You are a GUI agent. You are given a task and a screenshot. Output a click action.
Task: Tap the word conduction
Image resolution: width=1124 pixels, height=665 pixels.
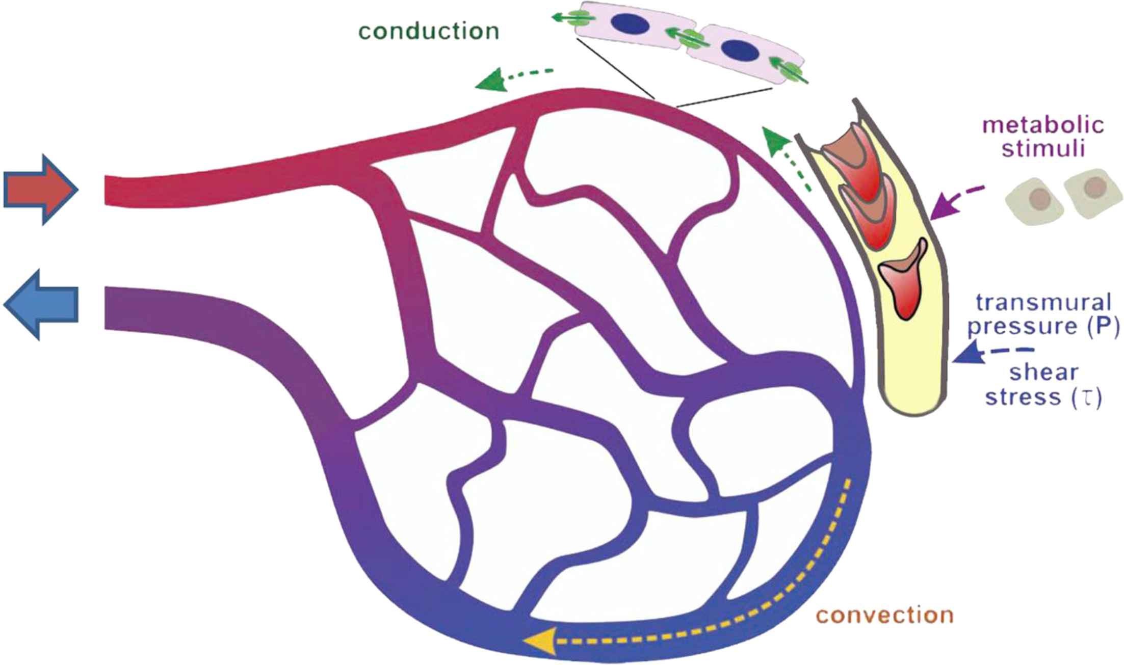[429, 32]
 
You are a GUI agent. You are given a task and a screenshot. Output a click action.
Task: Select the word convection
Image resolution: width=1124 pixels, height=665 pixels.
[885, 615]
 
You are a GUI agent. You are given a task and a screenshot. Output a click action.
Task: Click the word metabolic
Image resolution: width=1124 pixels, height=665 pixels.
[1043, 125]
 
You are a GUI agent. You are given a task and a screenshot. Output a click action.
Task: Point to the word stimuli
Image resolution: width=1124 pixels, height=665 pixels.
[1043, 149]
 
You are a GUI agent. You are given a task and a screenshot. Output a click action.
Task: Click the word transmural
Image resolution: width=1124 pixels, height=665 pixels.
[1043, 303]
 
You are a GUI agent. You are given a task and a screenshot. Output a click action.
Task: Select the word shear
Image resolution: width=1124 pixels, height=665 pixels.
[1043, 373]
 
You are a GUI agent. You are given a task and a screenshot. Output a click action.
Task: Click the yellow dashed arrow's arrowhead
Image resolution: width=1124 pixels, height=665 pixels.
[540, 641]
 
